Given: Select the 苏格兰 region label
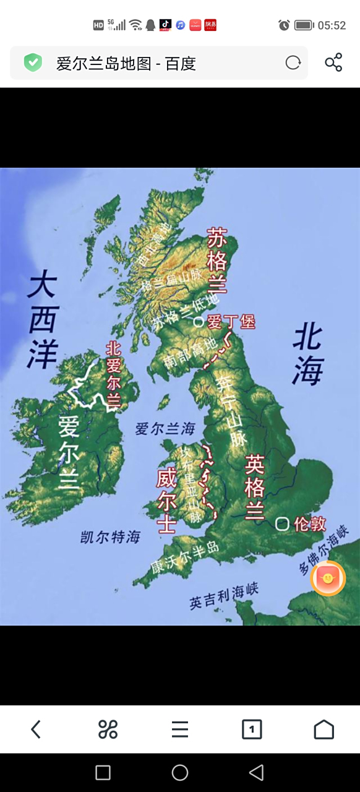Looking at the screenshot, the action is [x=217, y=260].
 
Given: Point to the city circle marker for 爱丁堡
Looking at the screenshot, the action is [x=199, y=321].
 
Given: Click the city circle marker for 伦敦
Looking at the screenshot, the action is [x=282, y=524].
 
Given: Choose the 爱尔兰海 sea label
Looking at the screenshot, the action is [x=165, y=428].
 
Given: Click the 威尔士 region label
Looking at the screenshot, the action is [x=166, y=500].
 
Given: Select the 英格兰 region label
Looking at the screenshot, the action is [x=255, y=487].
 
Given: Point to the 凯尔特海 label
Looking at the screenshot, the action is [x=111, y=537].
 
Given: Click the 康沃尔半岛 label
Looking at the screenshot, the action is [x=184, y=557].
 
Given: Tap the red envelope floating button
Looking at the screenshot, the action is [x=328, y=578].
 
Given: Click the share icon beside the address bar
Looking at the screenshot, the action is [x=333, y=62].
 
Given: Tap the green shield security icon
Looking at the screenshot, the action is [x=33, y=62].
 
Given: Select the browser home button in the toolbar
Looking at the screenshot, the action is [x=324, y=730].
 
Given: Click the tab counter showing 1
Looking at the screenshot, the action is [x=252, y=730].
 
